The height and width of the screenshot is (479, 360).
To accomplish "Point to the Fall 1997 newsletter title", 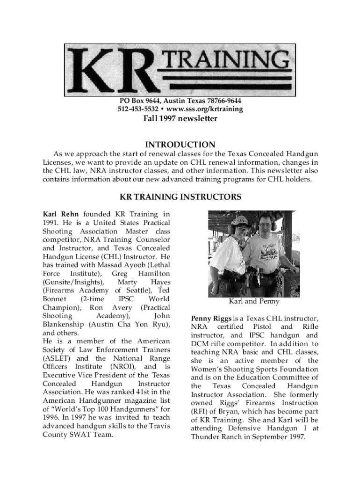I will click(180, 119).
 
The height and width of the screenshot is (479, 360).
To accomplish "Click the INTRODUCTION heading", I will click(180, 145).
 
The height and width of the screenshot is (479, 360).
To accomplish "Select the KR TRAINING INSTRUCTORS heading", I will click(180, 197).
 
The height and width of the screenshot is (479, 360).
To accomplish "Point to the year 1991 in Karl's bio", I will click(51, 223).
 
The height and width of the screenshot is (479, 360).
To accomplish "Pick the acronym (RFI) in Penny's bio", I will click(200, 412).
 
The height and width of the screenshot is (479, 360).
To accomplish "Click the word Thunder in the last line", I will click(205, 437).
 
